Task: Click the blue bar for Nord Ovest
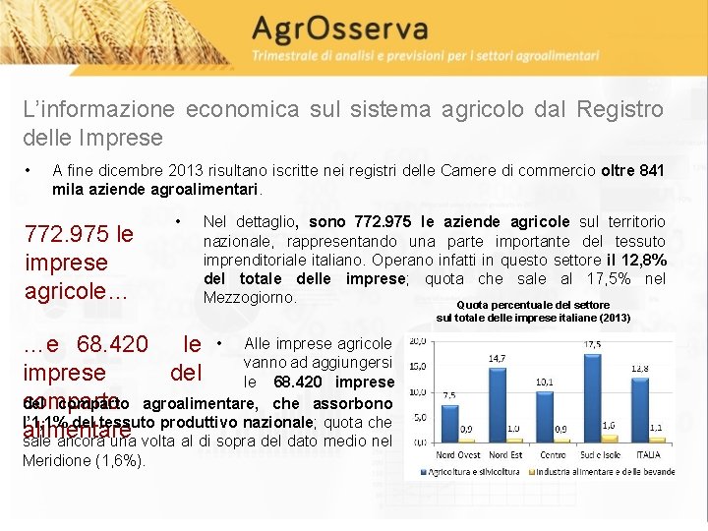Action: tap(448, 422)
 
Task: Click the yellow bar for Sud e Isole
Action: tap(609, 438)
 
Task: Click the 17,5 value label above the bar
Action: tap(592, 345)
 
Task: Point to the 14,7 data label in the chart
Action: tap(498, 360)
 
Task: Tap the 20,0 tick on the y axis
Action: tap(416, 342)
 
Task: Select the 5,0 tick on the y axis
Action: tap(418, 417)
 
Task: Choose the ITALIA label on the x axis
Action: tap(648, 454)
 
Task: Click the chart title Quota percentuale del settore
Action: tap(533, 305)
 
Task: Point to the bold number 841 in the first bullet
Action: tap(651, 170)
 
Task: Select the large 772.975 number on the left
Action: tap(68, 235)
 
